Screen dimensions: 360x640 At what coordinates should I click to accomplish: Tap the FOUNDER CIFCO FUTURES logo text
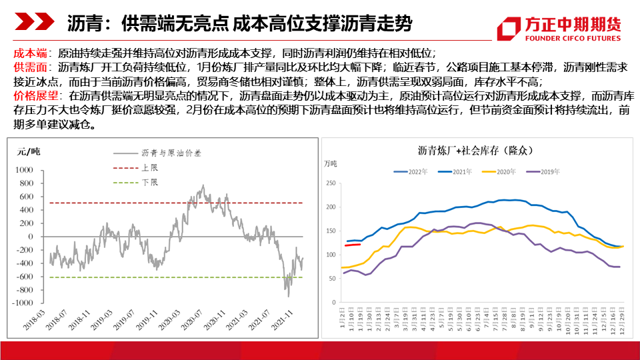click(559, 38)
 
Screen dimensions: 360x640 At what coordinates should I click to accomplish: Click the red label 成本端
click(27, 53)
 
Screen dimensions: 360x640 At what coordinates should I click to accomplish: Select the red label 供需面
click(27, 67)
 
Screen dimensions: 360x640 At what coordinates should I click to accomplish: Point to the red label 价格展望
click(32, 97)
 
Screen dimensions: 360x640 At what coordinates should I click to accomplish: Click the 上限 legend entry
click(149, 167)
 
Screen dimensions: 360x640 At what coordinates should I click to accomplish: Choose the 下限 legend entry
click(149, 182)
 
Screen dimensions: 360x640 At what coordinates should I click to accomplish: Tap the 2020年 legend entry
click(505, 172)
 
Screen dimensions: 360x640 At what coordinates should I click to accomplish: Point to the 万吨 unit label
click(331, 163)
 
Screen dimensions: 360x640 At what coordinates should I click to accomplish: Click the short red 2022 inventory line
click(353, 245)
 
